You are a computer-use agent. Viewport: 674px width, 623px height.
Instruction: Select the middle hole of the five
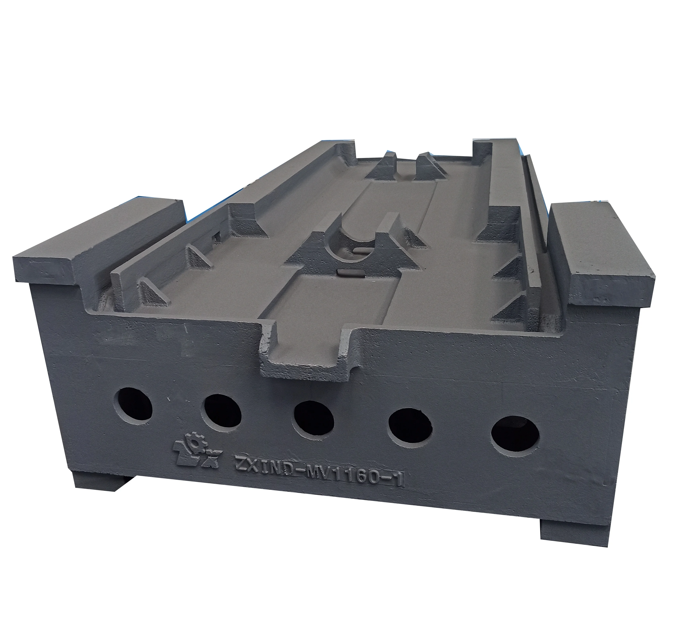(x=313, y=419)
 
